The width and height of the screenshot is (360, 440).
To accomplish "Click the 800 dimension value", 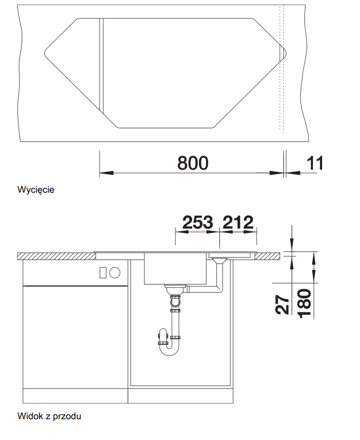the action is [193, 163].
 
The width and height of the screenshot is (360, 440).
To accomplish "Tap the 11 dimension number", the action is [315, 163].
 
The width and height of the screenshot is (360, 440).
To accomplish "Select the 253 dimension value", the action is [197, 222].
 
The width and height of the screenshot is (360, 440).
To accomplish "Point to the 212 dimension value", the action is [238, 222].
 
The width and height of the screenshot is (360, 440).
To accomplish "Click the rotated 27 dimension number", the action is [282, 304].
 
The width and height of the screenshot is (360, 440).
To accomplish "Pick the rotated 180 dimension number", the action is [304, 304].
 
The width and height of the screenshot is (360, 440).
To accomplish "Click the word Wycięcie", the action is [36, 189].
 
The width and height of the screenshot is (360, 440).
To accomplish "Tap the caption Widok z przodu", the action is [49, 416].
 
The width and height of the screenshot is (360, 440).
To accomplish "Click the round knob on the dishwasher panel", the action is [115, 273].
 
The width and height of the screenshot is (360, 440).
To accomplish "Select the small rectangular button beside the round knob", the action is [103, 273].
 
